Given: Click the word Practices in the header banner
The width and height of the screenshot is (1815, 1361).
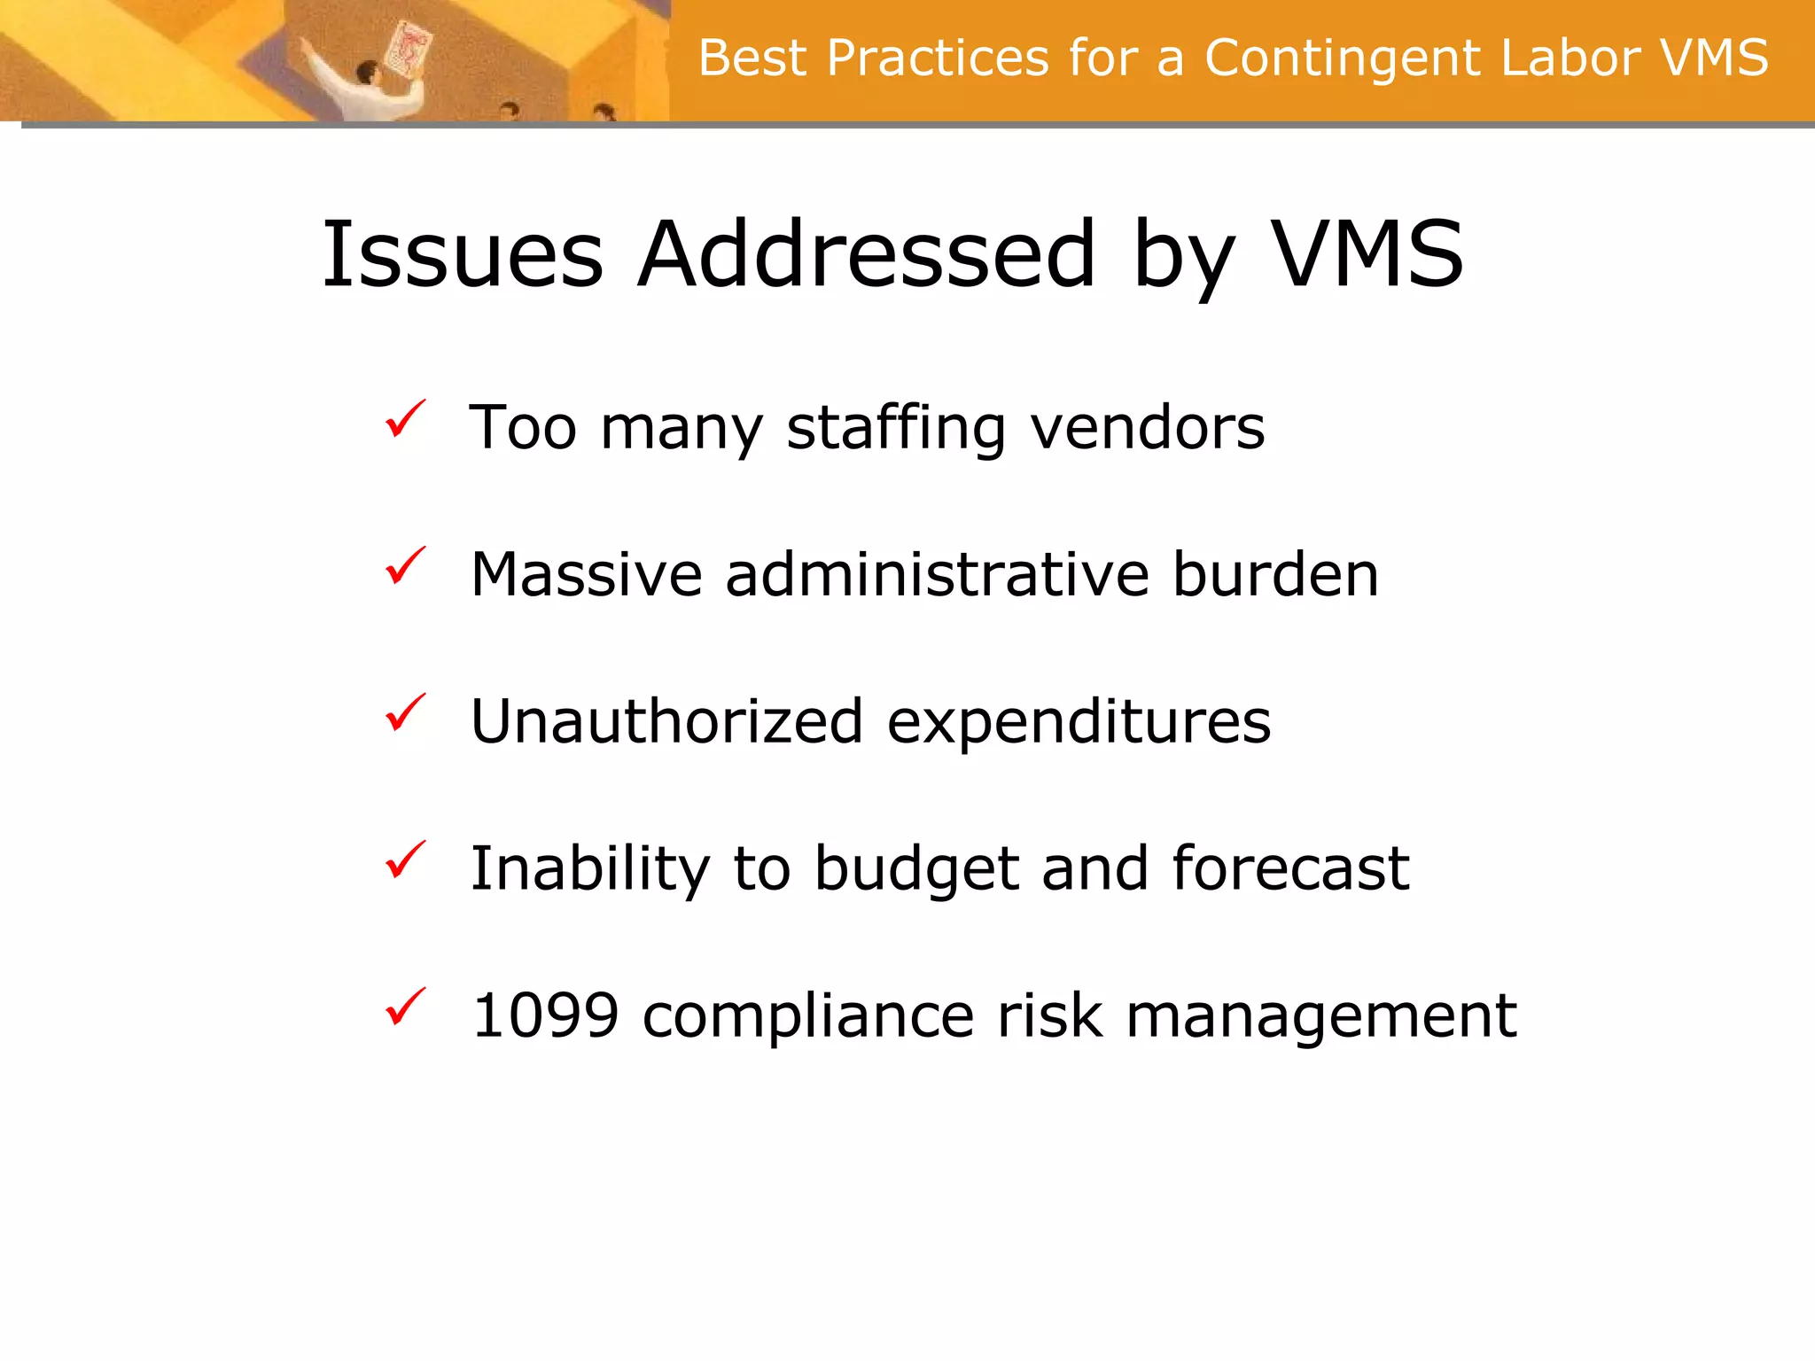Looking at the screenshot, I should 937,58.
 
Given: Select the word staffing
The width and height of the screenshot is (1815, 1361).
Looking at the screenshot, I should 896,429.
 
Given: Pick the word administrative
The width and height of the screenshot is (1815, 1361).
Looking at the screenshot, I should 937,575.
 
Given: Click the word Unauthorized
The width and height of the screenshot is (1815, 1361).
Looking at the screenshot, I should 666,721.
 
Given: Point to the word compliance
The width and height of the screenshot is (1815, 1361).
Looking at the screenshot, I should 808,1017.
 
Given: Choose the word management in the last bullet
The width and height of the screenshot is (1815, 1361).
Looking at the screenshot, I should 1321,1017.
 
